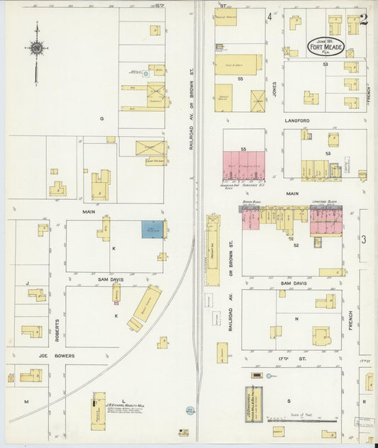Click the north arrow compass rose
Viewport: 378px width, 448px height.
coord(36,48)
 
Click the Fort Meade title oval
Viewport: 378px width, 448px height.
coord(326,47)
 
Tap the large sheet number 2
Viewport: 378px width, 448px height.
coord(364,19)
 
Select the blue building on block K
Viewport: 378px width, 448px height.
coord(152,229)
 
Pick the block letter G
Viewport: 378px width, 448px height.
coord(101,119)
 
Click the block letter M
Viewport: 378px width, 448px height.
coord(27,401)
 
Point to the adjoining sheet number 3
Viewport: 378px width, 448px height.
coord(364,240)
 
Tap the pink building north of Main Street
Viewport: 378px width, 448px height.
coord(244,166)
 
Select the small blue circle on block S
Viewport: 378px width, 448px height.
coord(257,375)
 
